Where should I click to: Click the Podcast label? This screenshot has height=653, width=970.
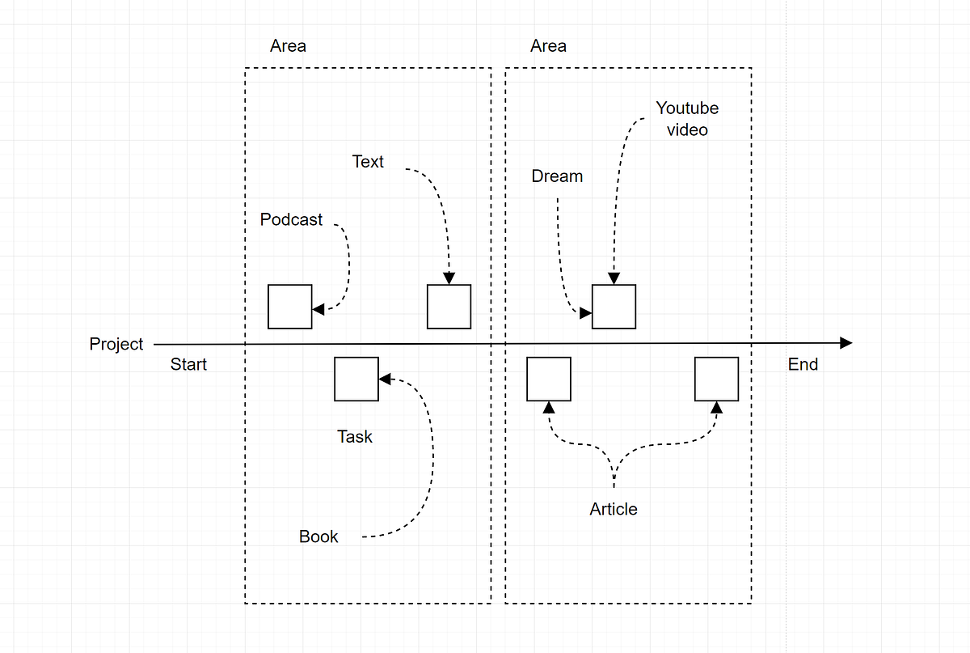pyautogui.click(x=291, y=219)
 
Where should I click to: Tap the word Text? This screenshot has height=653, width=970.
pyautogui.click(x=368, y=162)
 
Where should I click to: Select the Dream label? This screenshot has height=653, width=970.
pyautogui.click(x=557, y=176)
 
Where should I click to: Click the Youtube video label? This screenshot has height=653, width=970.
pyautogui.click(x=687, y=119)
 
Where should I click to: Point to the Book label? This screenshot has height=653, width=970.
pyautogui.click(x=318, y=536)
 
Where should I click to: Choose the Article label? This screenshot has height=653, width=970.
pyautogui.click(x=614, y=509)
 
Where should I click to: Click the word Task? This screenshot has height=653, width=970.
pyautogui.click(x=355, y=437)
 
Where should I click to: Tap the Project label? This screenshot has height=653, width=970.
pyautogui.click(x=116, y=344)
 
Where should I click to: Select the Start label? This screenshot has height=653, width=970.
pyautogui.click(x=188, y=364)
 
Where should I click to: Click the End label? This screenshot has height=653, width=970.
pyautogui.click(x=803, y=364)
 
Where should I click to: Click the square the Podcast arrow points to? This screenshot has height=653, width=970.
pyautogui.click(x=289, y=307)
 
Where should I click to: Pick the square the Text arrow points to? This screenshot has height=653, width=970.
pyautogui.click(x=449, y=307)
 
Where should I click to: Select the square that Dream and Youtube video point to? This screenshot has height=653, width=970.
pyautogui.click(x=614, y=307)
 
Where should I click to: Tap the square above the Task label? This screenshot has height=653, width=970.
pyautogui.click(x=356, y=379)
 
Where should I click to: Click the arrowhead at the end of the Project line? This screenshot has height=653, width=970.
pyautogui.click(x=846, y=343)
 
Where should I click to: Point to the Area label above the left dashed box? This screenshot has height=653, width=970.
pyautogui.click(x=288, y=46)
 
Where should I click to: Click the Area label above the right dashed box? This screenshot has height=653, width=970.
pyautogui.click(x=548, y=46)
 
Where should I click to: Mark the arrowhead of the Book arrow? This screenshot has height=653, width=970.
pyautogui.click(x=385, y=379)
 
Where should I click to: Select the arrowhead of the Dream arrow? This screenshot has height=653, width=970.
pyautogui.click(x=586, y=312)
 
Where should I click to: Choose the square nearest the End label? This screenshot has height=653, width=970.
pyautogui.click(x=717, y=379)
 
